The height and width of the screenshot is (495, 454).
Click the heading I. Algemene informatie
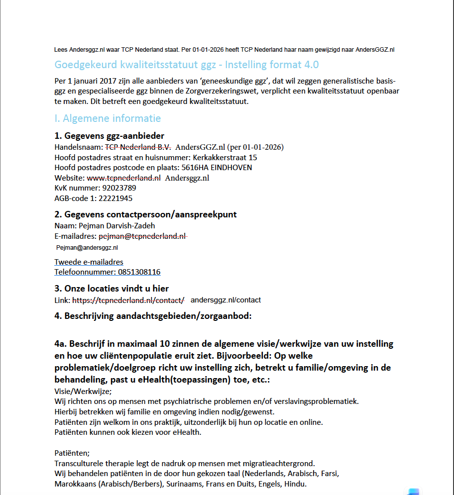click(108, 118)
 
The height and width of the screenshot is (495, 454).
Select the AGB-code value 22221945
click(116, 198)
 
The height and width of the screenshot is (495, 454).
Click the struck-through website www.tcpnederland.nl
click(123, 178)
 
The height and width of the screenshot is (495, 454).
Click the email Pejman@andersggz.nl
click(87, 247)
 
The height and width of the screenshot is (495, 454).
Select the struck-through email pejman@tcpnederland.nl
click(142, 236)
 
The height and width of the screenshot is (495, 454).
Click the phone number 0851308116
click(139, 272)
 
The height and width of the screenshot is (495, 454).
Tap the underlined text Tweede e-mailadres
click(89, 262)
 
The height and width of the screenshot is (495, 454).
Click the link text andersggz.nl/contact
click(226, 300)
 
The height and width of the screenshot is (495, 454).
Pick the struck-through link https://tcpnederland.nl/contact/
click(128, 300)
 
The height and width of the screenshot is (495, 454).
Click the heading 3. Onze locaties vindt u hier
click(112, 289)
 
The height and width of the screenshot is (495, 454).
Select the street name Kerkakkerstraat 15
click(225, 157)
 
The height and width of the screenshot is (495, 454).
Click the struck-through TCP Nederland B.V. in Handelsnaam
click(137, 147)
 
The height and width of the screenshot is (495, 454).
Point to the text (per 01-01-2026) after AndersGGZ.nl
click(255, 147)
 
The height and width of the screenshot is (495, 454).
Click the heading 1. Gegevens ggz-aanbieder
click(109, 136)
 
